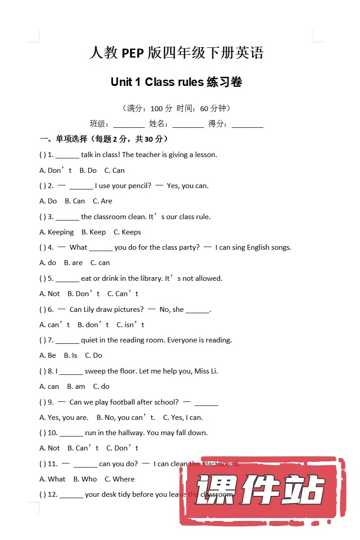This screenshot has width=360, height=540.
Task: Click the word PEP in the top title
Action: pyautogui.click(x=133, y=53)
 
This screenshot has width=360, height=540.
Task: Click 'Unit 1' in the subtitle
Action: pyautogui.click(x=121, y=82)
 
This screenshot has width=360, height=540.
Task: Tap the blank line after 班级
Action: pyautogui.click(x=129, y=124)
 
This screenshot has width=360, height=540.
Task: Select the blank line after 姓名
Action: pyautogui.click(x=188, y=124)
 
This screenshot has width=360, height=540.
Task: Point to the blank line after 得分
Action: pyautogui.click(x=247, y=124)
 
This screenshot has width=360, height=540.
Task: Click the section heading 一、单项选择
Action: pyautogui.click(x=63, y=139)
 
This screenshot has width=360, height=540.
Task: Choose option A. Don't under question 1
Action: pyautogui.click(x=56, y=170)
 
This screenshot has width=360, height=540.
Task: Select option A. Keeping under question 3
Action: pyautogui.click(x=57, y=232)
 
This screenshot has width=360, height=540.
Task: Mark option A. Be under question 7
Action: pyautogui.click(x=48, y=355)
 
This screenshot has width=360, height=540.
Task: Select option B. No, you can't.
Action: pyautogui.click(x=126, y=418)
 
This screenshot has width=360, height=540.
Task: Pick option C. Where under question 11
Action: pyautogui.click(x=120, y=479)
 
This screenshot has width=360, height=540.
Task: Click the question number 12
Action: pyautogui.click(x=52, y=495)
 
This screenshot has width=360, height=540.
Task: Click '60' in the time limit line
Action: pyautogui.click(x=204, y=108)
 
